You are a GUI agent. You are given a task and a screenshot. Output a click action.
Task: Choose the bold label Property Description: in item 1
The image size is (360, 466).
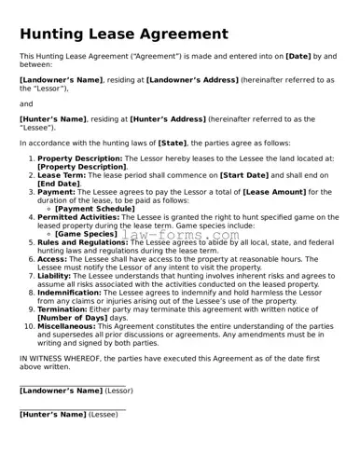80,159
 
